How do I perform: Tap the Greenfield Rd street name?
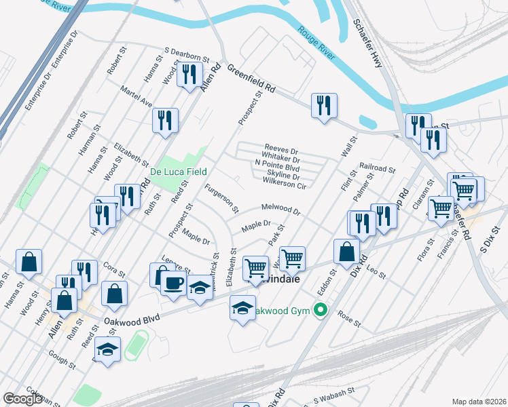click(251, 78)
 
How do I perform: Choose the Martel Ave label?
click(136, 100)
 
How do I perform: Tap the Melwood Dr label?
click(280, 209)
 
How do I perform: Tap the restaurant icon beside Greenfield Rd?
click(324, 105)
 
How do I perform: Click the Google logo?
click(22, 399)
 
